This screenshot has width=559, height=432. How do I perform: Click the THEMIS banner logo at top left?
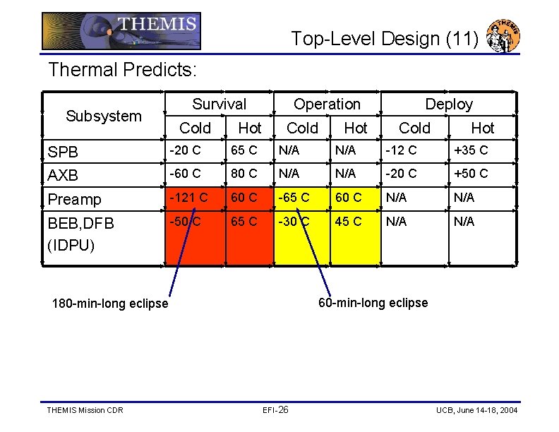click(121, 31)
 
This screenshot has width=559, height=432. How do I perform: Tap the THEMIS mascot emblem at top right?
click(504, 36)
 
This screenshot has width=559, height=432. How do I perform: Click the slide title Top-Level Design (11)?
click(385, 39)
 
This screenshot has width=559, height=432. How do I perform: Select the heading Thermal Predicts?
click(122, 70)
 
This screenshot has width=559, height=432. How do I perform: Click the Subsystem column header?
click(104, 116)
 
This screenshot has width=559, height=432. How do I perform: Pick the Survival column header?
click(220, 104)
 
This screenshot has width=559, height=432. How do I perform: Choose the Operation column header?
click(327, 104)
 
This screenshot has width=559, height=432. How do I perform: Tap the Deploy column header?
click(449, 104)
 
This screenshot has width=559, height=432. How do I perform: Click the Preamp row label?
click(75, 199)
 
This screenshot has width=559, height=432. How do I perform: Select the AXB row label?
click(63, 174)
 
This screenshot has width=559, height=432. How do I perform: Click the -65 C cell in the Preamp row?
click(294, 198)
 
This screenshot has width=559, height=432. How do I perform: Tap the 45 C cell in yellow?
click(348, 222)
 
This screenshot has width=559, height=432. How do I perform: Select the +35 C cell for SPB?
click(471, 150)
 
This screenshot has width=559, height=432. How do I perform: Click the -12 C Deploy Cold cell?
click(400, 150)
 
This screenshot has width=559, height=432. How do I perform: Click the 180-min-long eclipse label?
click(111, 304)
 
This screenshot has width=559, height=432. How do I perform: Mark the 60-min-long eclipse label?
click(373, 303)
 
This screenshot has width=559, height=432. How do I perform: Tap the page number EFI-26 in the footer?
click(275, 410)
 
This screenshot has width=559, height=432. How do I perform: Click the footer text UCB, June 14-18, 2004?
click(476, 410)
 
